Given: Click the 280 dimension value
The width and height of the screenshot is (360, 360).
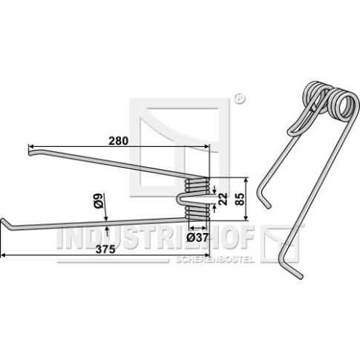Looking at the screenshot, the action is tap(119, 141).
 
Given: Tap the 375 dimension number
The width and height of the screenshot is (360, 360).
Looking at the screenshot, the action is tap(105, 249).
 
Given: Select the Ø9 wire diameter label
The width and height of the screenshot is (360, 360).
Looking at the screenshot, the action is tap(99, 201).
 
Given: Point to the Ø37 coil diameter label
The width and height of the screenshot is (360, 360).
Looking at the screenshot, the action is tap(197, 238).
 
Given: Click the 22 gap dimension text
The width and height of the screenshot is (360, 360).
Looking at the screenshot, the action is tap(223, 199).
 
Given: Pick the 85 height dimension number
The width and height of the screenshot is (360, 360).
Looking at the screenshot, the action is tap(240, 199).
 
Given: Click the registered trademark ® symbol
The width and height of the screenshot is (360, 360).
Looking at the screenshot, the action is tap(239, 99).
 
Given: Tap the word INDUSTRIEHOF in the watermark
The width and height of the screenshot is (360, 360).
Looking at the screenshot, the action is tap(156, 237).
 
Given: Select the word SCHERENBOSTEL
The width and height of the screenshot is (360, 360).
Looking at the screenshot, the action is tap(215, 260).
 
